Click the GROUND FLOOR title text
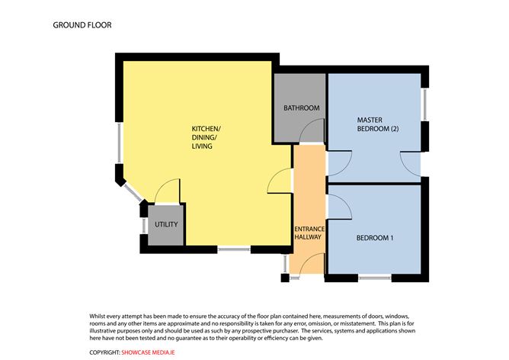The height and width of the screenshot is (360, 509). pos(82,25)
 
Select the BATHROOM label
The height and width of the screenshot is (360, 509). pos(301,108)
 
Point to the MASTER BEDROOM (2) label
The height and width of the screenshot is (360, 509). pos(378,124)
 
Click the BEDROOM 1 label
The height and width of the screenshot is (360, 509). pos(375,238)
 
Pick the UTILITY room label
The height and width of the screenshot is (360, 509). pos(165,225)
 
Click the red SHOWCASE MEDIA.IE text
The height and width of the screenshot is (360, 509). pos(155,352)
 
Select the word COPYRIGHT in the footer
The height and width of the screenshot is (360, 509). pos(104,352)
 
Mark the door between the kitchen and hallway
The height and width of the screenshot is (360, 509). pos(281,181)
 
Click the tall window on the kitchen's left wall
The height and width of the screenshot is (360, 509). pos(119,145)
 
